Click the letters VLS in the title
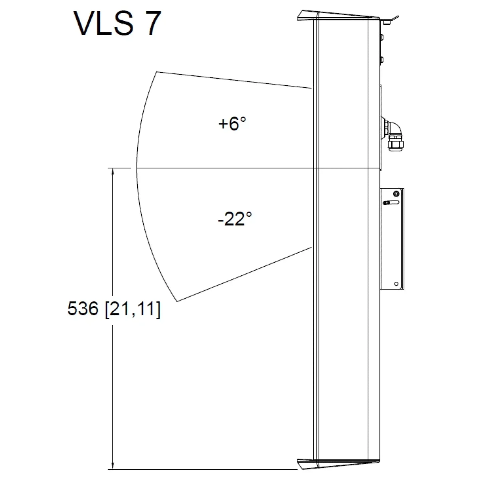(104, 24)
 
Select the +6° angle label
(232, 123)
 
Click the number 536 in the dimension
(83, 309)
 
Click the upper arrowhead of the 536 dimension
(113, 172)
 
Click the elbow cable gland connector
(394, 135)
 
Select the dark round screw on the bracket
(396, 194)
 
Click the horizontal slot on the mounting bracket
(391, 203)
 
